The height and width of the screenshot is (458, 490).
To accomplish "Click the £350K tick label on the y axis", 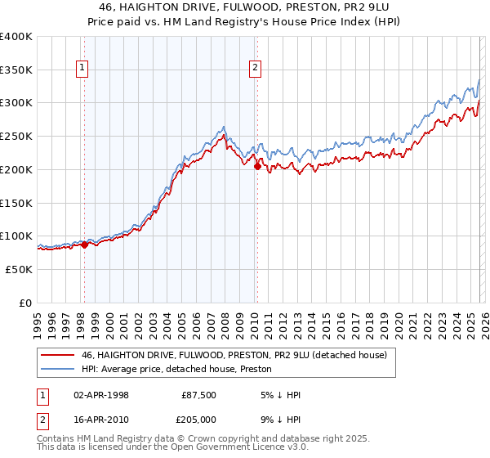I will point(16,70).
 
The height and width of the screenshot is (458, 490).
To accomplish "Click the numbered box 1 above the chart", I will point(83,68).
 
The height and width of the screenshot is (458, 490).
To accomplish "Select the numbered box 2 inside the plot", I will point(256,68).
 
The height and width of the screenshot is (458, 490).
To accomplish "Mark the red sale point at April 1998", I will point(84,244).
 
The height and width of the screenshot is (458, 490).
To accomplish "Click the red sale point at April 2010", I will point(257,166).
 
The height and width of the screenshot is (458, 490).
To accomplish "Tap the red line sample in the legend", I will point(58,354).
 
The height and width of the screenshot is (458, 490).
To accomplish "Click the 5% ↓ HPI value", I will point(280,395).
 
